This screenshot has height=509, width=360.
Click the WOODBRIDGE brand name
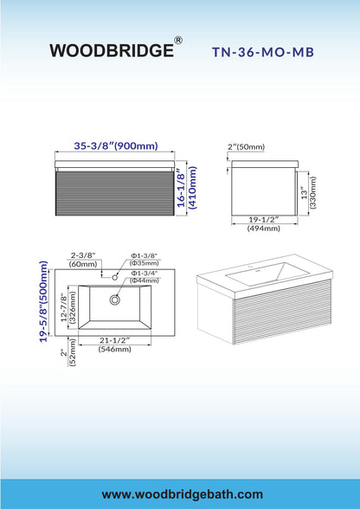(112, 50)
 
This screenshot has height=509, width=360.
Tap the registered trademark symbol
(178, 40)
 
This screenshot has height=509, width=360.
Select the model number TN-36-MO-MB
(263, 52)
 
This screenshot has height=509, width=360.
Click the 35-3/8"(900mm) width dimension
(116, 146)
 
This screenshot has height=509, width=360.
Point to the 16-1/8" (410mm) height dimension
(187, 187)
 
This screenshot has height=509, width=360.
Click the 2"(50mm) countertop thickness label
(246, 147)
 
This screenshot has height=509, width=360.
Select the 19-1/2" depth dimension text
(264, 220)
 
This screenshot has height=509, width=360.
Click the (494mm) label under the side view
(264, 229)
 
